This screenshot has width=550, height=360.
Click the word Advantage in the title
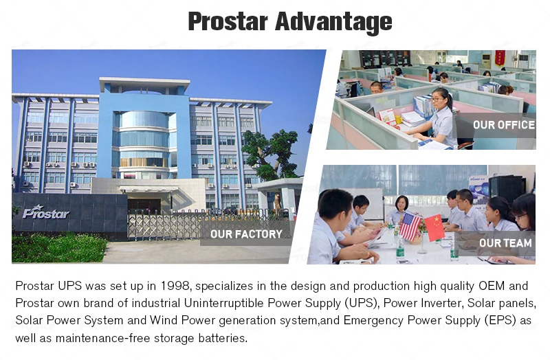[x=333, y=22]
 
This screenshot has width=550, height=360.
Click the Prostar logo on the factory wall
[x=46, y=212]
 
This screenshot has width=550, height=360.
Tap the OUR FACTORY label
[x=246, y=234]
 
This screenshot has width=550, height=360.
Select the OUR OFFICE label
[x=504, y=125]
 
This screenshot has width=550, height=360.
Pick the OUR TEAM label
[x=505, y=243]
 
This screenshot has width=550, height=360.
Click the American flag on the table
[x=410, y=226]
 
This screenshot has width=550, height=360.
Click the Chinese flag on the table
[x=435, y=228]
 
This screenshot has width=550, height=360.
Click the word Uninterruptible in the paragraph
[x=224, y=303]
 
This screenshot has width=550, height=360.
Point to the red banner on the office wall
[x=500, y=58]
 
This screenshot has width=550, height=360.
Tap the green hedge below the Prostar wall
[x=58, y=247]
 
